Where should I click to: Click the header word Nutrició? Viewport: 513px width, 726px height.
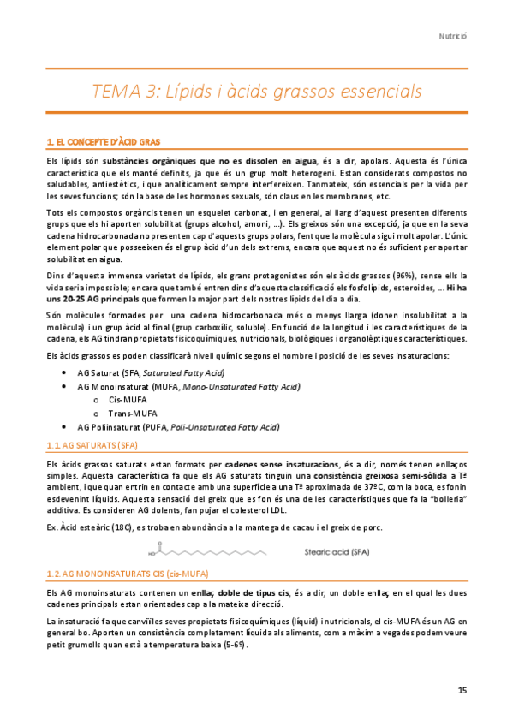coord(452,37)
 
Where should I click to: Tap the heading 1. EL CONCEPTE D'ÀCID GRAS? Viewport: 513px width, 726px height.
coord(102,140)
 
